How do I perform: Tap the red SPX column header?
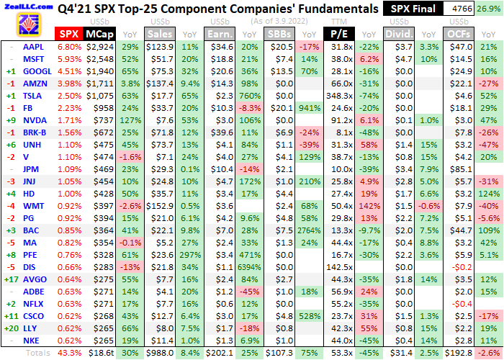tap(69, 34)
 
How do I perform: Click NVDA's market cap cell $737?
tap(100, 120)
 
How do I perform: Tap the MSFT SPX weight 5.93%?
tap(69, 59)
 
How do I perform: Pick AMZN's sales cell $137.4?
tap(160, 84)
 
